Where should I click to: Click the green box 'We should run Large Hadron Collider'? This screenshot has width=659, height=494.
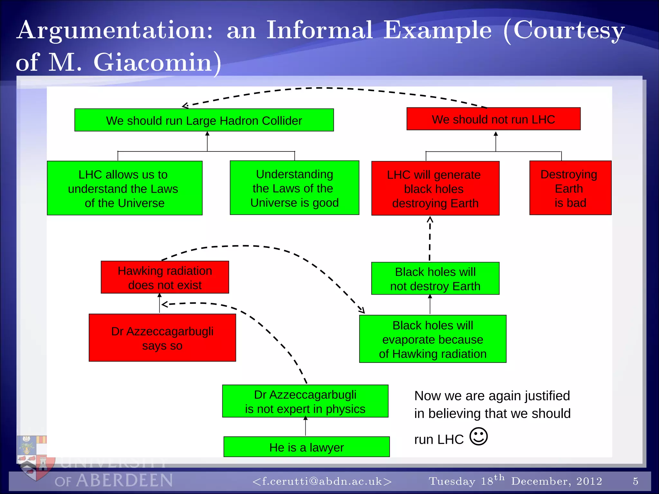(204, 120)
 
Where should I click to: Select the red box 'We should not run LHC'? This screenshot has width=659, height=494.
(493, 119)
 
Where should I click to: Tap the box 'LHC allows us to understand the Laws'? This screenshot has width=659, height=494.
(125, 188)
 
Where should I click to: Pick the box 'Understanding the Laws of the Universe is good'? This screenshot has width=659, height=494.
(294, 188)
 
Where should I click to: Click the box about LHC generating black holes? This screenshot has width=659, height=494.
(435, 188)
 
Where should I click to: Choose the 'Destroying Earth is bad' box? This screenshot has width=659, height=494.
(570, 188)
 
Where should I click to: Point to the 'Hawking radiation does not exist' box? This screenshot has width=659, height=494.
(165, 277)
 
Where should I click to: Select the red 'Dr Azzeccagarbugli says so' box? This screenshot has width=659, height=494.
(162, 338)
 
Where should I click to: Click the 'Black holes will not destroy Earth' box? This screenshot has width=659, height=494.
(435, 279)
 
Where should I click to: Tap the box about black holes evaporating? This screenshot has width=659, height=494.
(432, 339)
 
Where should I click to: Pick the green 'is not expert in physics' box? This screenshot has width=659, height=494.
(305, 401)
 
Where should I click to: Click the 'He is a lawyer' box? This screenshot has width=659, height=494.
(306, 447)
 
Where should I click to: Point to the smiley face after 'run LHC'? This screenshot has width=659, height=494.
(478, 436)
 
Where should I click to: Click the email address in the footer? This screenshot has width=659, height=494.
(322, 481)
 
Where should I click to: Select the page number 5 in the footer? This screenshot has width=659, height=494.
(635, 481)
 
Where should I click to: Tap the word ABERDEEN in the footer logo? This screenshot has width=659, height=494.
(125, 480)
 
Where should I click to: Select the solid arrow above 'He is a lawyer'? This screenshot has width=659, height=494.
(305, 426)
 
